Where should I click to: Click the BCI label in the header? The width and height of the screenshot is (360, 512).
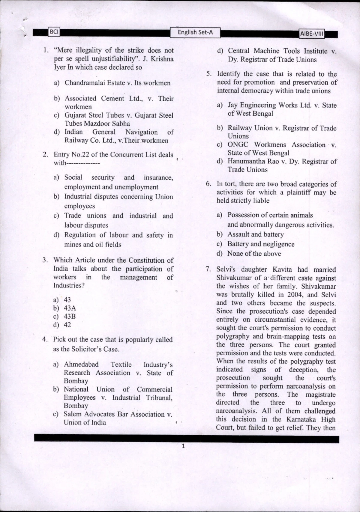(x=54, y=32)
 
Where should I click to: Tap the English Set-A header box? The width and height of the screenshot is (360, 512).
(x=195, y=32)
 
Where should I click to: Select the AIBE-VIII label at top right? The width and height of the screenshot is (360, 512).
(x=312, y=34)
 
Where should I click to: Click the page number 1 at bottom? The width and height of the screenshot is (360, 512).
(x=183, y=446)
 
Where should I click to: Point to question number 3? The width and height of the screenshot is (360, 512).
(x=45, y=260)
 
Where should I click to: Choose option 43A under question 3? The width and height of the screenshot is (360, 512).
(x=70, y=308)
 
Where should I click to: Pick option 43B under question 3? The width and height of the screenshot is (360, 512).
(x=70, y=316)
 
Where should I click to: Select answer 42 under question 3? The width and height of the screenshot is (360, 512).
(x=67, y=325)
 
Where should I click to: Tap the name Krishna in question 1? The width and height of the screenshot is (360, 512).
(x=162, y=59)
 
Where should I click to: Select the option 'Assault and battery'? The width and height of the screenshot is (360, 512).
(x=255, y=234)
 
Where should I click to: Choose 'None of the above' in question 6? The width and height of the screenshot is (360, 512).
(x=254, y=254)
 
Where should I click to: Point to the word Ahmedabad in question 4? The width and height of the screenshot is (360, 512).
(x=81, y=365)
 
